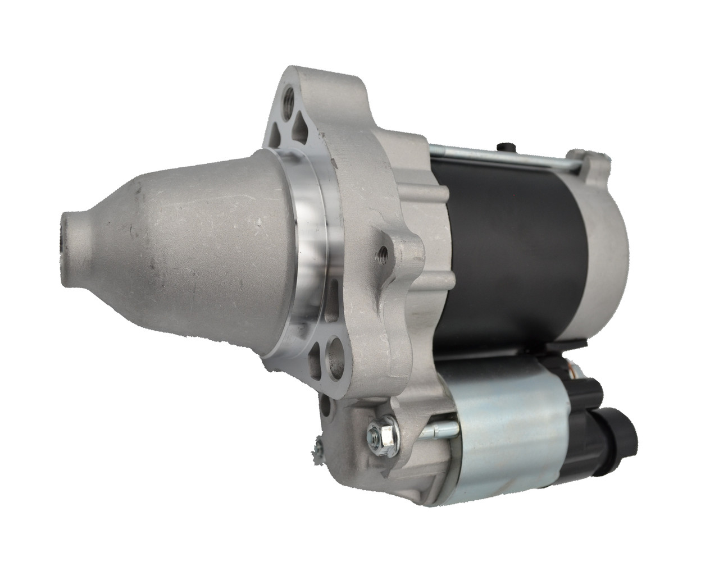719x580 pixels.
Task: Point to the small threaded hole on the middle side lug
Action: point(384,251)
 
